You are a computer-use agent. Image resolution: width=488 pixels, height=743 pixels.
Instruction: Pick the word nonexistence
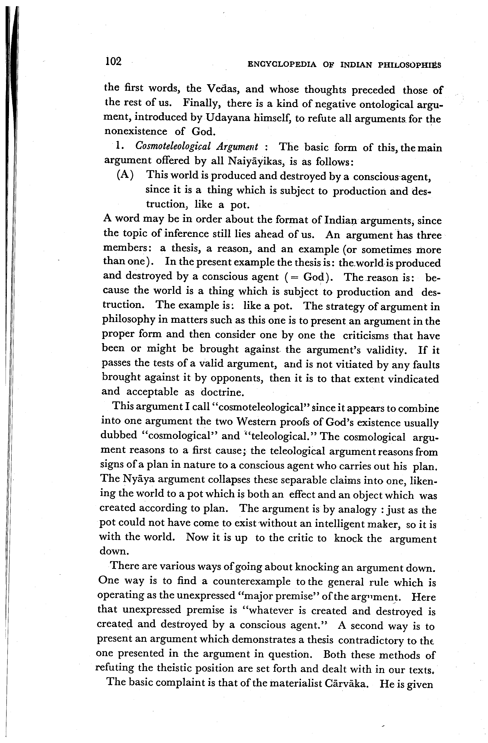[x=136, y=131]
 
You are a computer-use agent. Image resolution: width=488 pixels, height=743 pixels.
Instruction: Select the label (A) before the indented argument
[x=125, y=175]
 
